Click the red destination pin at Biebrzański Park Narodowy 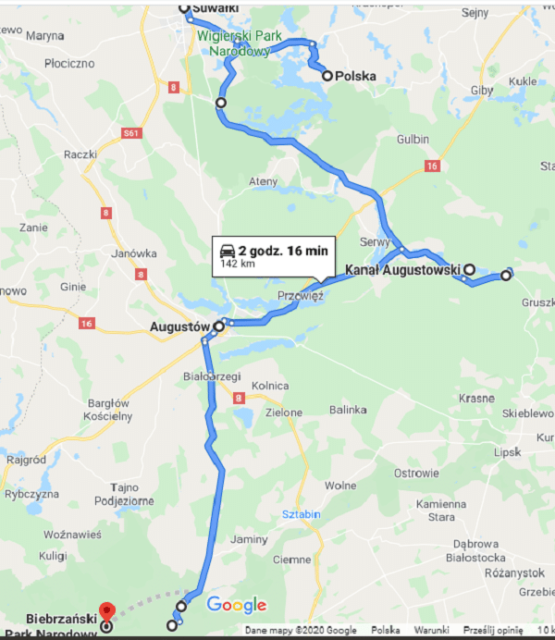[x=106, y=610]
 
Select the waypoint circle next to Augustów [x=219, y=326]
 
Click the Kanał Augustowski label [x=402, y=270]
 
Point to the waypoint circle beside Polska [x=327, y=76]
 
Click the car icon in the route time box [x=227, y=251]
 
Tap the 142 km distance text [x=237, y=264]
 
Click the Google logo [x=236, y=606]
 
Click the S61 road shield [x=132, y=133]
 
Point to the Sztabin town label [x=302, y=511]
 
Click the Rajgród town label [x=25, y=459]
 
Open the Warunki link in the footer [x=431, y=631]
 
